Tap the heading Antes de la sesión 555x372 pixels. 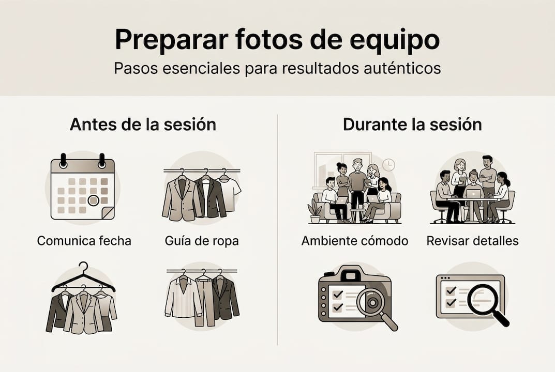pos(143,125)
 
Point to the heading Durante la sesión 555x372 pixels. pos(412,125)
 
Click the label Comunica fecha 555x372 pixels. pos(84,241)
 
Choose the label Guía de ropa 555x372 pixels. pos(202,241)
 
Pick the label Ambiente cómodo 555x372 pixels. pos(355,241)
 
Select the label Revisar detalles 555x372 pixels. pos(472,241)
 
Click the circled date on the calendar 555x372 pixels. pos(93,200)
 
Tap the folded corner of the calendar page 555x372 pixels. pos(108,213)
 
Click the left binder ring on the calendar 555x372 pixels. pos(63,160)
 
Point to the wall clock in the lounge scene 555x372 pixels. pos(389,165)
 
